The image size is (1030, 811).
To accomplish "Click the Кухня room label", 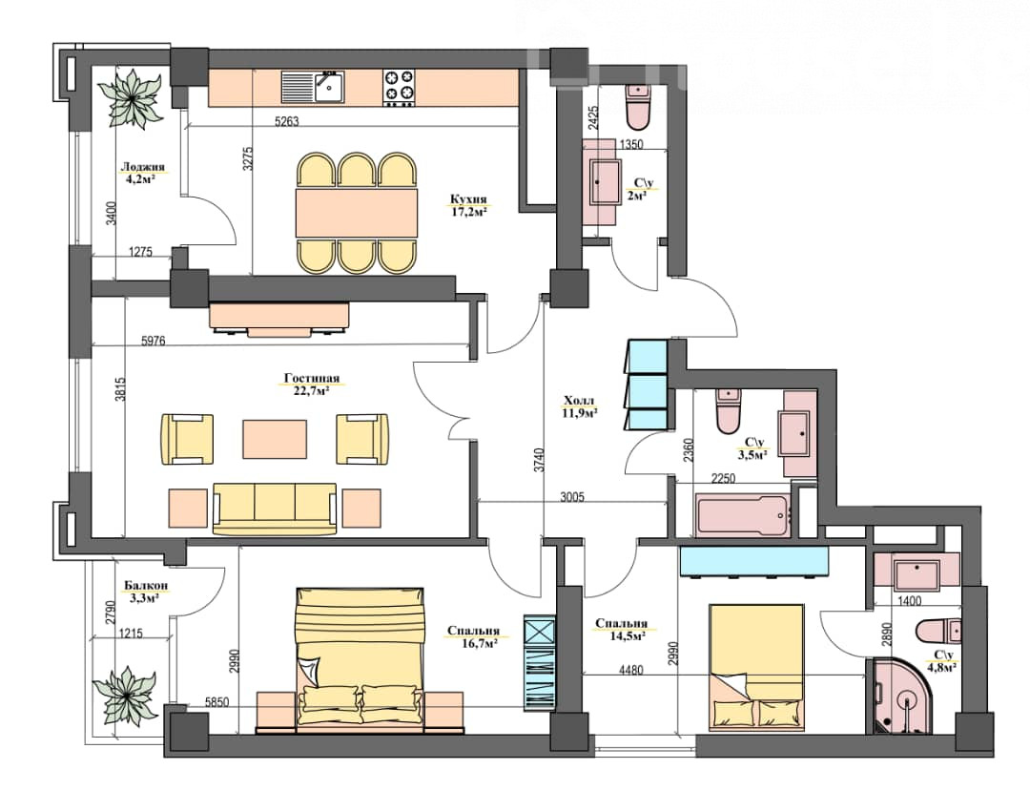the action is [468, 199].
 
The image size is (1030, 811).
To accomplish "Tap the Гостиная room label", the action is [311, 378].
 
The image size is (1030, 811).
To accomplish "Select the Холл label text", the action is [579, 401].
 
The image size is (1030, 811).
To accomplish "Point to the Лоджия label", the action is [142, 167].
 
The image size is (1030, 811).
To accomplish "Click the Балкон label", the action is [145, 585].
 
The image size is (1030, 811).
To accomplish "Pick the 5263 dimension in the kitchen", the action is [286, 121].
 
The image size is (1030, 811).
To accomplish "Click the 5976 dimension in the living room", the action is [153, 341].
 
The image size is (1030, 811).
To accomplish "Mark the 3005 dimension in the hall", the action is [572, 497].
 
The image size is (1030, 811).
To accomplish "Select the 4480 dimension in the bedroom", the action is [630, 671].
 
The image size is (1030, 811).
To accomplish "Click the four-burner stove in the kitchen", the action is [400, 88].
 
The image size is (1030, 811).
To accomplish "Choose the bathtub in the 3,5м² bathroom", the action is [742, 515].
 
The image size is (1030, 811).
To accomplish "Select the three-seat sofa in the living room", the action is [276, 509].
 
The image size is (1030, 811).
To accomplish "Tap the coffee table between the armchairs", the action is [275, 439].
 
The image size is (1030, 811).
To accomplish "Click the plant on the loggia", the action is [134, 98].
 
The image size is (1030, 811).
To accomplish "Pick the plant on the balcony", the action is [125, 694].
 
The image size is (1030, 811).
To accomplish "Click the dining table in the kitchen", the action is [357, 212].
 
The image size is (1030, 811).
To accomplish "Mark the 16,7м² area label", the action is [480, 643].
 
